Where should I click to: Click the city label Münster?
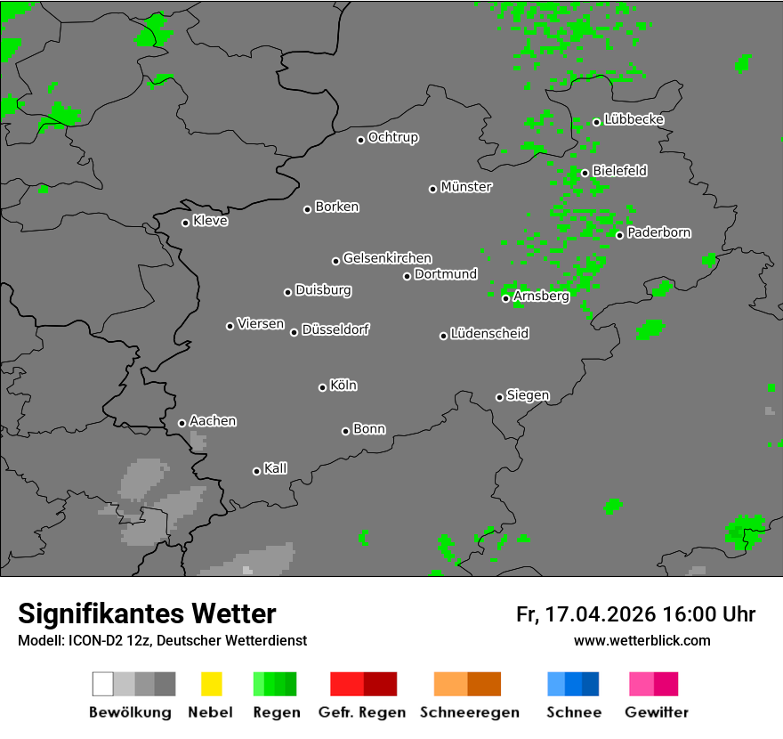(466, 187)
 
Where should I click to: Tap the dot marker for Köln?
(322, 387)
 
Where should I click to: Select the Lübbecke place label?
(634, 119)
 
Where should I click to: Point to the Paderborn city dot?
(619, 235)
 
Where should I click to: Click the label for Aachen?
(213, 421)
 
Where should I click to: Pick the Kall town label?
(276, 468)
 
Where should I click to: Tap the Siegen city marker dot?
(499, 397)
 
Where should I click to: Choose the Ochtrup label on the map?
(393, 137)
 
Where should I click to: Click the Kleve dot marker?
(185, 223)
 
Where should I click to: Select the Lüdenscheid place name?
(489, 334)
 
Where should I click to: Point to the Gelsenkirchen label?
(387, 258)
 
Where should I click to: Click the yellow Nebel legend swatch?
(211, 684)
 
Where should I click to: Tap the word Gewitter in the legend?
(657, 712)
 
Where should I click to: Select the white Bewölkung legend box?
(103, 684)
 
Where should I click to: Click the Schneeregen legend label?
(470, 712)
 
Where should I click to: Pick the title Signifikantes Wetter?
(147, 613)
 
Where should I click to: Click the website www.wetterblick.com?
(642, 640)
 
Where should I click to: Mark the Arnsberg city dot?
(505, 298)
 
